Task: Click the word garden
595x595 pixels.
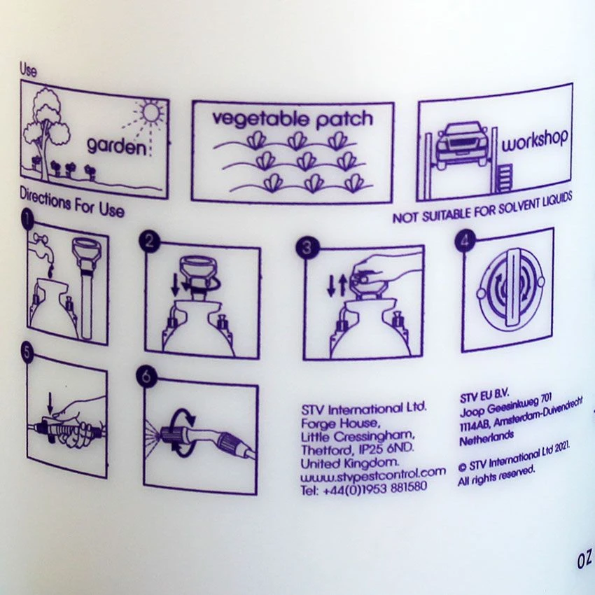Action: click(x=116, y=146)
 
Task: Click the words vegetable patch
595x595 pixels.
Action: click(x=292, y=119)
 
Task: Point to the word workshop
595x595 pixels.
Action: click(x=535, y=141)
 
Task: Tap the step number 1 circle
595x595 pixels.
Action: click(x=28, y=220)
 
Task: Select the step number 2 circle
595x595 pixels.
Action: click(x=150, y=241)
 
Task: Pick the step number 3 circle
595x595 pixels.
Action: click(x=307, y=247)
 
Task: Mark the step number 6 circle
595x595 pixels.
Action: click(x=147, y=377)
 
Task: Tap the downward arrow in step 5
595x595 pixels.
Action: click(x=50, y=403)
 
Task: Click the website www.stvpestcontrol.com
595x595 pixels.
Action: click(x=373, y=474)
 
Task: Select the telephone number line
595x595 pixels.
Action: click(x=364, y=488)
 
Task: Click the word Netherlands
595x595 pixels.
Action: click(x=486, y=437)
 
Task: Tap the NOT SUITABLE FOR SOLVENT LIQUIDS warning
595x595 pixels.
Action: click(x=482, y=209)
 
